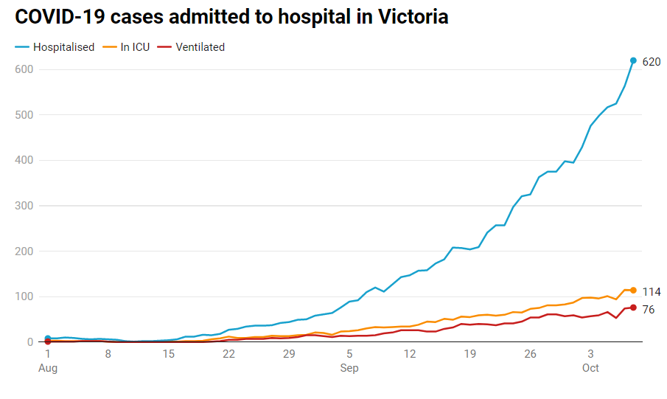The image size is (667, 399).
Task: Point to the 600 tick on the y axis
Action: tap(25, 69)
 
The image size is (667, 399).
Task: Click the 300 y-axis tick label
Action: tap(25, 206)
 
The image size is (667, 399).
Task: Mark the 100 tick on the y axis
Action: tap(25, 296)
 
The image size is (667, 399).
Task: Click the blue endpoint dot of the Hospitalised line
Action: tap(633, 60)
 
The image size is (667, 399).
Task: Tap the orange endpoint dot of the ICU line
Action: tap(633, 290)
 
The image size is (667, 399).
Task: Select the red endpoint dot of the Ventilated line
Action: tap(633, 308)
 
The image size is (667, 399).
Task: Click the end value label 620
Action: tap(652, 62)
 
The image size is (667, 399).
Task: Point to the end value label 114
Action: tap(652, 292)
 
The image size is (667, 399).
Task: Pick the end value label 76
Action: tap(649, 310)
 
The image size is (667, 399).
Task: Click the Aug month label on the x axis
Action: tap(48, 368)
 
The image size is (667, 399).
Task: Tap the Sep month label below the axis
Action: tap(349, 368)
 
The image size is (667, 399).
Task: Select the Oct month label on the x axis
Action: tap(591, 368)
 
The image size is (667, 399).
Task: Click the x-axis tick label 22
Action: tap(228, 354)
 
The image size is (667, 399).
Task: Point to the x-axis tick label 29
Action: tap(289, 354)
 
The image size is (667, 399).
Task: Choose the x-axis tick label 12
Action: tap(410, 354)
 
